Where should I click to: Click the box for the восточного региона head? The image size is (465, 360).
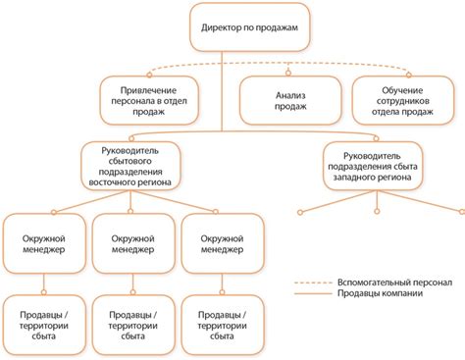tap(132, 165)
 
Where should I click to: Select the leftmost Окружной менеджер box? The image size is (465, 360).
tap(42, 241)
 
